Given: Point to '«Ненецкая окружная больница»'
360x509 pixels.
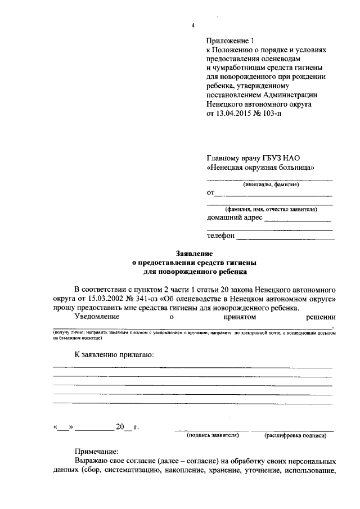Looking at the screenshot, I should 260,168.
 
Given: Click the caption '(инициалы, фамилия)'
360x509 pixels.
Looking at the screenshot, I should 270,184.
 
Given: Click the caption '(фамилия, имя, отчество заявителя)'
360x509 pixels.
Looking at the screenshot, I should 271,209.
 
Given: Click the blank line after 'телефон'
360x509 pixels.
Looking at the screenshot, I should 284,237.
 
